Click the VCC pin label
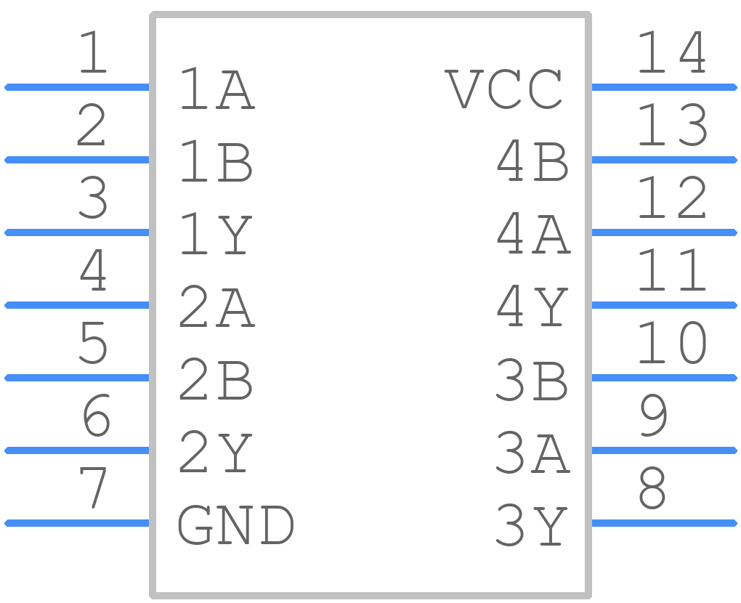[x=503, y=89]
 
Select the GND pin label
[x=236, y=525]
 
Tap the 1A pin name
[x=217, y=89]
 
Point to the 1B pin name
[x=216, y=161]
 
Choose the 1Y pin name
[x=216, y=235]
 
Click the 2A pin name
[x=217, y=307]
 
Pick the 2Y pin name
[x=216, y=452]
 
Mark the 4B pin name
[x=533, y=161]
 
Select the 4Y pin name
[x=532, y=307]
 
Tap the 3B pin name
[x=532, y=379]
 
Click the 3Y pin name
[x=532, y=525]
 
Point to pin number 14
[x=673, y=52]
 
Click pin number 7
[x=93, y=487]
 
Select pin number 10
[x=673, y=343]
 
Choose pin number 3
[x=93, y=198]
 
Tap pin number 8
[x=652, y=487]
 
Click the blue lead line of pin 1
[x=77, y=87]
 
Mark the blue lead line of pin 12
[x=664, y=232]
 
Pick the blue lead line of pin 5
[x=77, y=378]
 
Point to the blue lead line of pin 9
[x=664, y=450]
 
